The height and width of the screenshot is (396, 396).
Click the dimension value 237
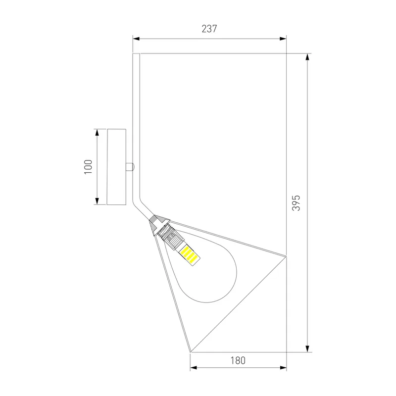(x=209, y=29)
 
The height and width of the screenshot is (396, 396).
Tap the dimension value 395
(x=296, y=203)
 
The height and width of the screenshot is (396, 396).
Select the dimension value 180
(x=238, y=360)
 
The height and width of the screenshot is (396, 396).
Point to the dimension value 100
(x=88, y=167)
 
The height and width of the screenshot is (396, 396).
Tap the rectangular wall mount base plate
(x=116, y=167)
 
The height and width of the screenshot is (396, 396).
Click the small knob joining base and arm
(x=130, y=167)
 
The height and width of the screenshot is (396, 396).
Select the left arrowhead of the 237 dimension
(x=136, y=39)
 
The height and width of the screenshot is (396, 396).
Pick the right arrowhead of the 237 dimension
(x=283, y=39)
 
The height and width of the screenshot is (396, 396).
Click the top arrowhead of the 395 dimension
(x=307, y=57)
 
